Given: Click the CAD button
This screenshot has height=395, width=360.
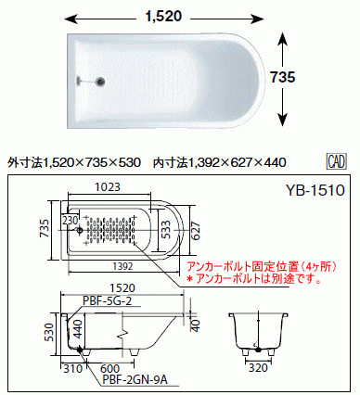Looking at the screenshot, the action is tap(337, 161).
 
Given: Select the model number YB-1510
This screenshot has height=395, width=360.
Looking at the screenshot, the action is tap(315, 190).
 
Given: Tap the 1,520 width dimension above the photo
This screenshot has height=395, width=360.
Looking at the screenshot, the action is tap(163, 16).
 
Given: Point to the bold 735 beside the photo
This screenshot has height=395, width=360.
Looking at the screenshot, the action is tap(283, 77).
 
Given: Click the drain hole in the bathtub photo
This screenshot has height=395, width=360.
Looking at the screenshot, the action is tap(100, 82).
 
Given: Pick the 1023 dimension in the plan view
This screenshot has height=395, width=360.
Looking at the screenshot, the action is tap(108, 187).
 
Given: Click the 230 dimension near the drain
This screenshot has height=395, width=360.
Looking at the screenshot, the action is tap(70, 221).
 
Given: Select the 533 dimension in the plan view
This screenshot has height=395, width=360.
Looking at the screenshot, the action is tap(165, 230).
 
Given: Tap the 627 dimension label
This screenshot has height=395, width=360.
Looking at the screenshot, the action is tap(196, 231).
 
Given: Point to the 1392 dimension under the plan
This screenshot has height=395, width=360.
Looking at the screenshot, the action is tap(122, 266).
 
